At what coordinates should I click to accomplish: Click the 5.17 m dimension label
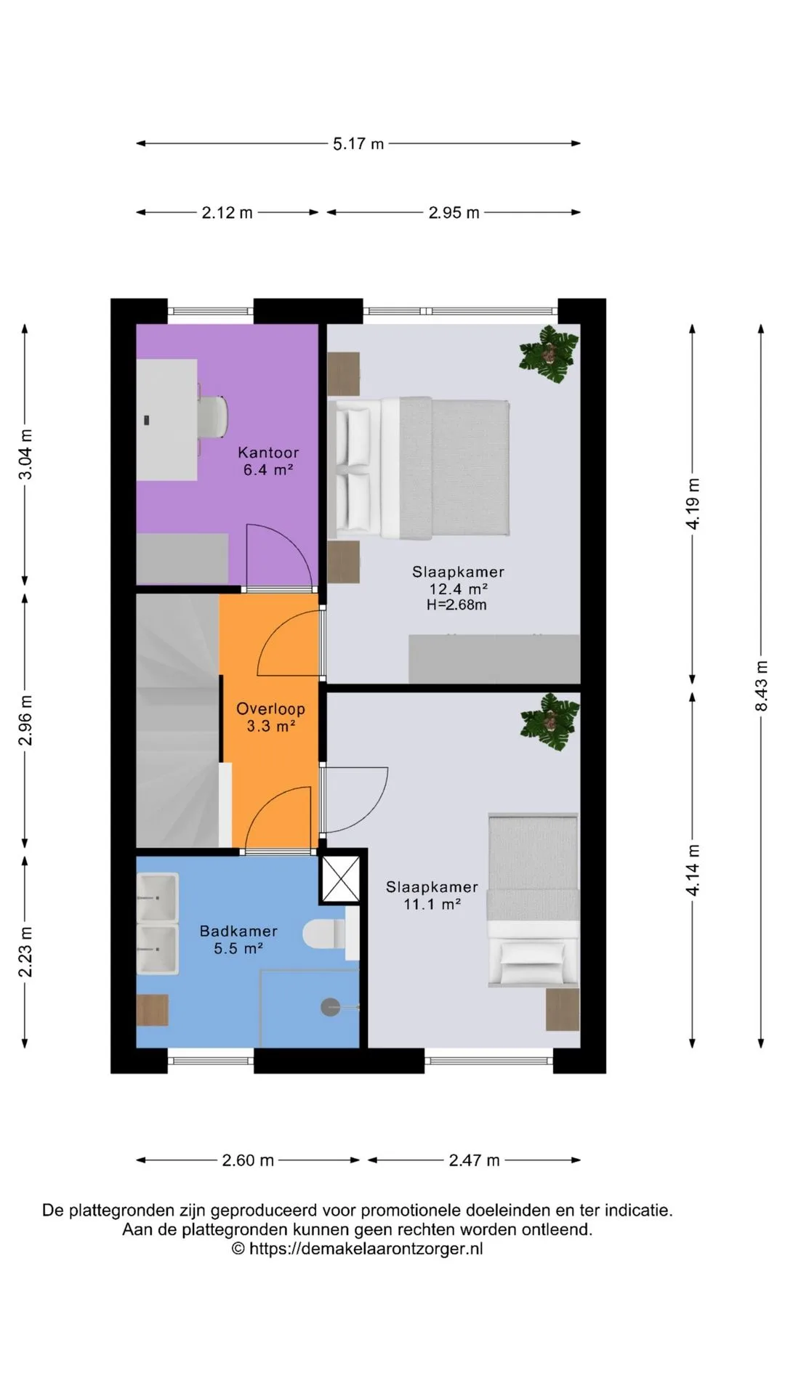click(358, 144)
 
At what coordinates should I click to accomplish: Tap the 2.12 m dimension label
click(228, 213)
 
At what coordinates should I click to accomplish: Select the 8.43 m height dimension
click(762, 685)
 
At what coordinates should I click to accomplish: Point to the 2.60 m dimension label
click(248, 1160)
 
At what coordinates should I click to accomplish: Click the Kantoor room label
click(268, 453)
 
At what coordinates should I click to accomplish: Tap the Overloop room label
click(270, 708)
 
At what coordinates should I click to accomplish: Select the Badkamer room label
click(238, 931)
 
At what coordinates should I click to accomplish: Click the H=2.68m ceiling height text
click(456, 604)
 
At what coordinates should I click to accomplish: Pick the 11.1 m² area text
click(432, 905)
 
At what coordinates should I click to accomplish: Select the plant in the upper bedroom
click(549, 355)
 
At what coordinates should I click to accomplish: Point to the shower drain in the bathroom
click(331, 1007)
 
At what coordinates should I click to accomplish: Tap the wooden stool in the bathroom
click(153, 1011)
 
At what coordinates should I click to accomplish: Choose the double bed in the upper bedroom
click(419, 468)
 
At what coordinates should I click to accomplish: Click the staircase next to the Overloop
click(178, 720)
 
